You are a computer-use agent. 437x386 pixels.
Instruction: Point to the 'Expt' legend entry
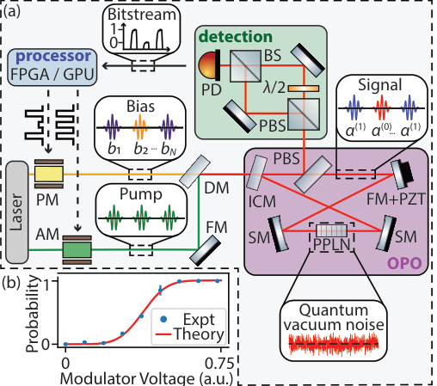coord(193,319)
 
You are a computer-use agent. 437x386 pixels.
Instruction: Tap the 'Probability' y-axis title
coord(34,312)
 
